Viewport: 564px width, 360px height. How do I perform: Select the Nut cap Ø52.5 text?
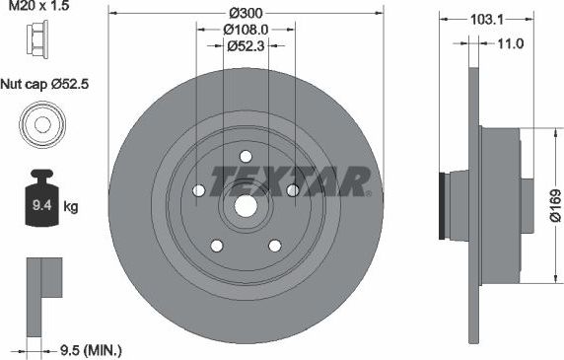click(x=44, y=84)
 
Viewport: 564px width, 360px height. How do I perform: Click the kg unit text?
click(x=71, y=208)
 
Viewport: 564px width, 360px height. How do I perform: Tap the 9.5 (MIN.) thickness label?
click(x=90, y=348)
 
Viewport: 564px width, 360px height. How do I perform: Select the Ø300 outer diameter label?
click(x=245, y=12)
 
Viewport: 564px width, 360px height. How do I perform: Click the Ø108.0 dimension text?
click(x=245, y=29)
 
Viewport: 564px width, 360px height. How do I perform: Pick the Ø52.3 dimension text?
click(x=245, y=45)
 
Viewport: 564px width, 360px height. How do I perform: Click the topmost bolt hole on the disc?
click(x=245, y=155)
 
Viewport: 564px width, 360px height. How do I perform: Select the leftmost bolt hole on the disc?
click(x=198, y=189)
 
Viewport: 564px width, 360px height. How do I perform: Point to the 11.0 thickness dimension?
click(x=509, y=43)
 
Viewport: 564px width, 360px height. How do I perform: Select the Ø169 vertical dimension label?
click(x=554, y=205)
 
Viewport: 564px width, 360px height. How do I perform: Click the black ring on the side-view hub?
click(x=440, y=206)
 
